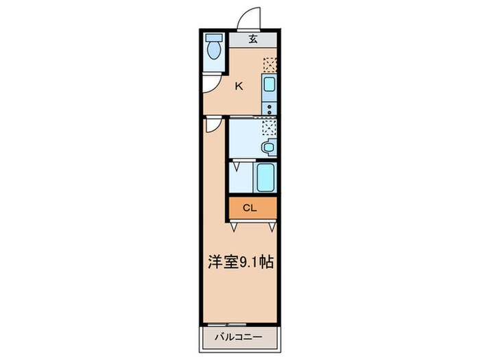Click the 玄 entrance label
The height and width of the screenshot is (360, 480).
(x=253, y=39)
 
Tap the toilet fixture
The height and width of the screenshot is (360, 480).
(x=214, y=51)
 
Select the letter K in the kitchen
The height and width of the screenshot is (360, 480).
(x=239, y=86)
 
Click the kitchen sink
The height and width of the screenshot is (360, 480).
(x=269, y=86)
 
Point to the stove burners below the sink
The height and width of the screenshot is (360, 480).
(x=269, y=108)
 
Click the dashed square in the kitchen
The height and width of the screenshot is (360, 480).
(x=269, y=64)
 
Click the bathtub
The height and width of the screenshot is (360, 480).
(x=265, y=177)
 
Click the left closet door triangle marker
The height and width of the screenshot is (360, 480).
(x=235, y=225)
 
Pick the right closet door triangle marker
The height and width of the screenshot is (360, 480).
(x=273, y=225)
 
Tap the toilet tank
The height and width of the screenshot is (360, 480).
(x=214, y=38)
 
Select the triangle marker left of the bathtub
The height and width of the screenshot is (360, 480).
(x=237, y=165)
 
